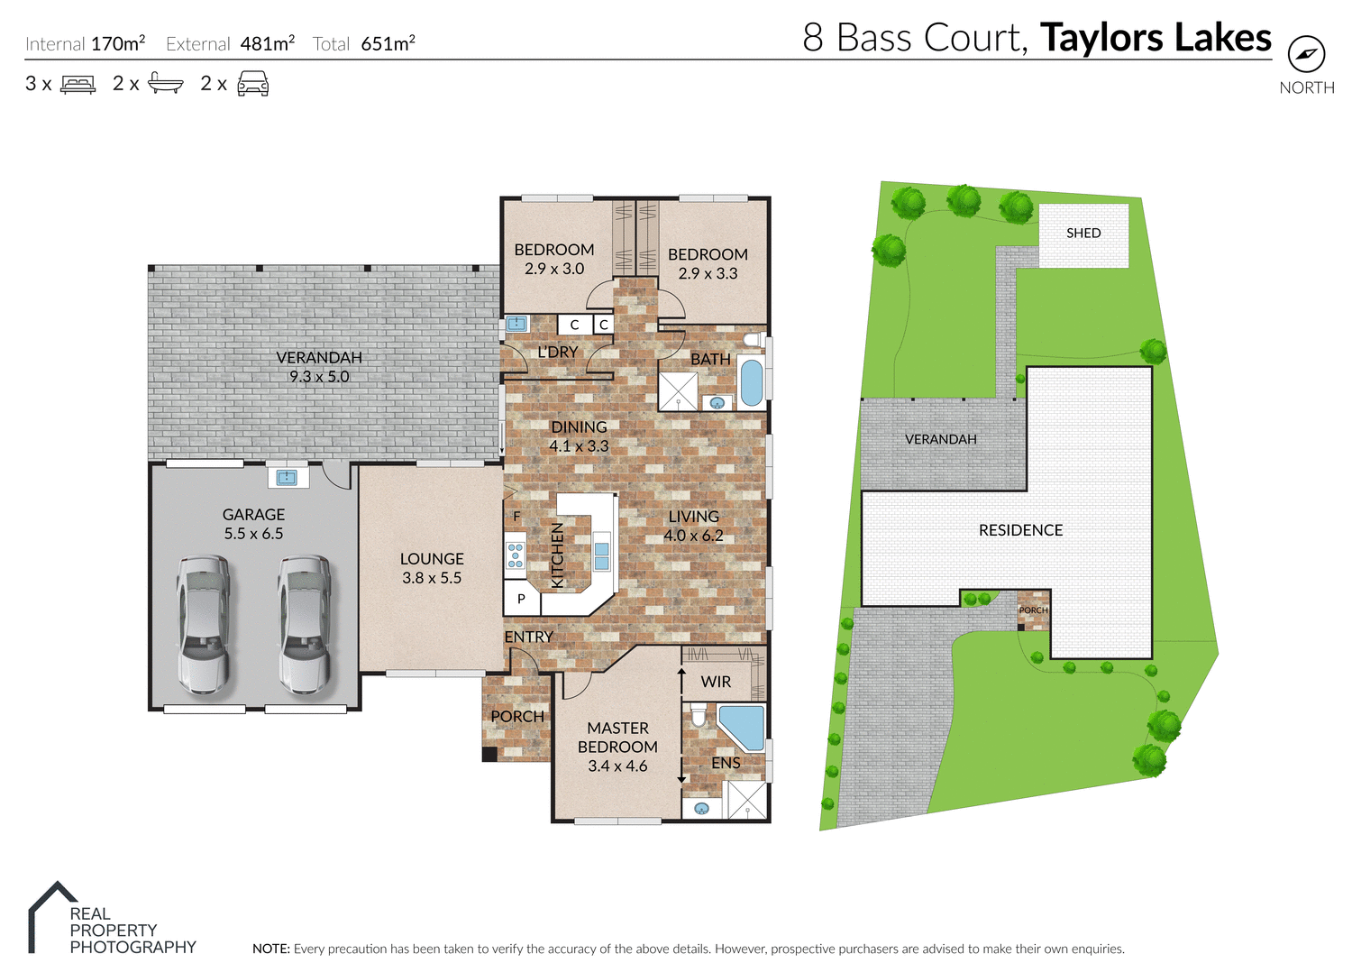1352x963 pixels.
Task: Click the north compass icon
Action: coord(1306,54)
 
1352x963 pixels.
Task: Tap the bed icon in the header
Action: coord(78,85)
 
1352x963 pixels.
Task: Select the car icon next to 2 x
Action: coord(252,84)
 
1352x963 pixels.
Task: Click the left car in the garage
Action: coord(203,624)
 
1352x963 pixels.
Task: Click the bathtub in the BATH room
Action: coord(751,382)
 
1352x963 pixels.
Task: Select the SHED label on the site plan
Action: coord(1083,234)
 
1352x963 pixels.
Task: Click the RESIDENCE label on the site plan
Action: coord(1020,530)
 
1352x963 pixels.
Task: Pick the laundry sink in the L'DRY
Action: coord(516,324)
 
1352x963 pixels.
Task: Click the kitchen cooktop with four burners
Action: coord(515,555)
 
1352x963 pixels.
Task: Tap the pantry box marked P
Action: coord(521,599)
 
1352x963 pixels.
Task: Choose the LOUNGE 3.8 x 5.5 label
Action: coord(432,568)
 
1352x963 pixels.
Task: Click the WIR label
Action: coord(717,682)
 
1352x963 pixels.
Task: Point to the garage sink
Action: coord(288,476)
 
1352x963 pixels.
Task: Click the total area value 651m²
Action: coord(388,43)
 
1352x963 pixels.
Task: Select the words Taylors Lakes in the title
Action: coord(1156,38)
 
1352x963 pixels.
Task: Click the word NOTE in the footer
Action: coord(270,949)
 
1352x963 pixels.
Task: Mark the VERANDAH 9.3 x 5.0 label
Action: coord(319,367)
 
